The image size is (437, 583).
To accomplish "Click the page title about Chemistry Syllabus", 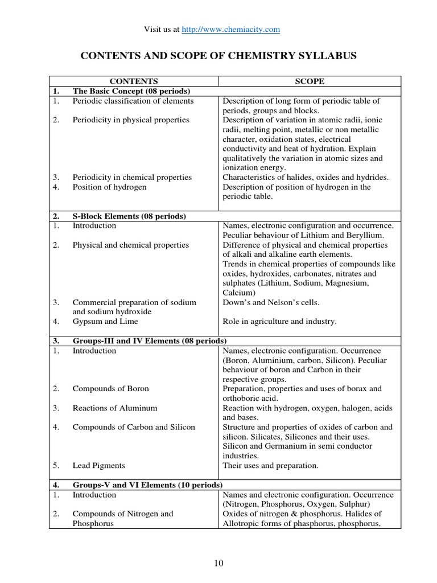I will (218, 55).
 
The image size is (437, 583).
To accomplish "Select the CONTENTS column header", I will (134, 81).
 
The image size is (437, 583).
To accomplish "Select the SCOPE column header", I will (310, 81).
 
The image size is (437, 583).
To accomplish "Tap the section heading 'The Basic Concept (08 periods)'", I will (131, 91).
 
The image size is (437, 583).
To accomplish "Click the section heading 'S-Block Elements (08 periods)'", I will (129, 216).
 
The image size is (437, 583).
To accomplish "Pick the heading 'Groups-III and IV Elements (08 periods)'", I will (146, 341).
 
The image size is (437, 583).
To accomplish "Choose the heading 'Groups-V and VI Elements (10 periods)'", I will (147, 485).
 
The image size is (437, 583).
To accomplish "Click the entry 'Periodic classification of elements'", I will (133, 101).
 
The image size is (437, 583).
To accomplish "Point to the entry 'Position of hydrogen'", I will (109, 187).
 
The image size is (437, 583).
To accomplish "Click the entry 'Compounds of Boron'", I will (110, 389).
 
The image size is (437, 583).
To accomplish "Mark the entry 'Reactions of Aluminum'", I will (114, 408).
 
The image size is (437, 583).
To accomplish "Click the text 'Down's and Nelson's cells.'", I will (271, 302).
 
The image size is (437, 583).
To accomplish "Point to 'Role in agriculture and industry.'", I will (279, 322).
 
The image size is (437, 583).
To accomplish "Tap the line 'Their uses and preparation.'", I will (270, 466).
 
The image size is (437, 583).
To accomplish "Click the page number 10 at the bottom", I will (218, 564).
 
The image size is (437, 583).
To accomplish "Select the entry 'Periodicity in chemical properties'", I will (132, 177).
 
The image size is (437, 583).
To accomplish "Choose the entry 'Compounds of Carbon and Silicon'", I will (133, 427).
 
